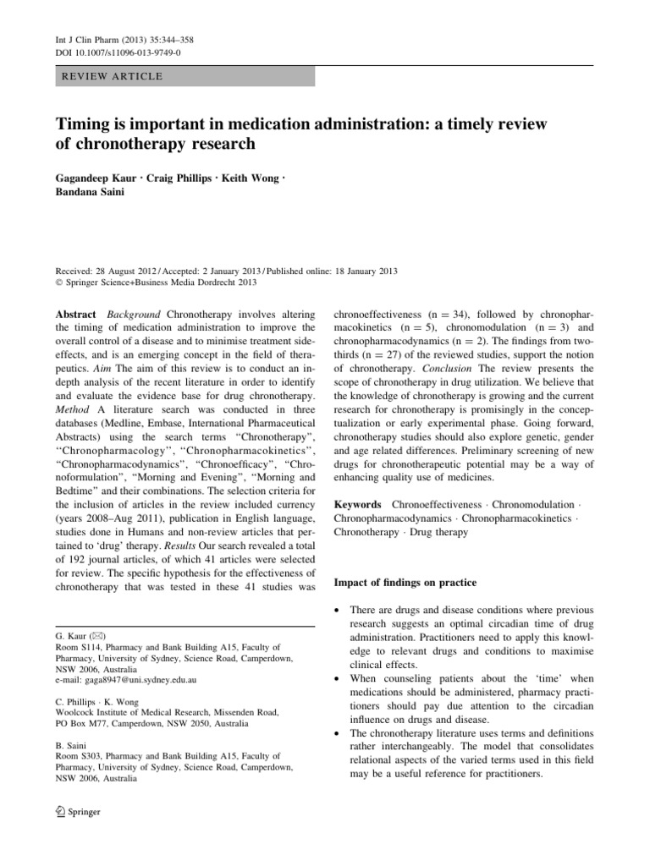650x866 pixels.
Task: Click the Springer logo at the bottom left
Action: pyautogui.click(x=78, y=812)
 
